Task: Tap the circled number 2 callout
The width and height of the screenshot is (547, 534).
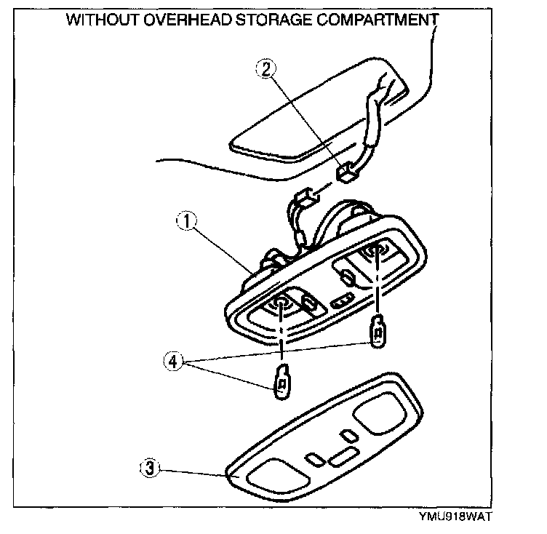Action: [266, 69]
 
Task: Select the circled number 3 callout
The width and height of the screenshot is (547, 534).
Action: [148, 469]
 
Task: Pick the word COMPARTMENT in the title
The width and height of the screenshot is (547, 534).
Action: [378, 20]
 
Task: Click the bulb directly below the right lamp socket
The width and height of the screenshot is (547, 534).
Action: [378, 332]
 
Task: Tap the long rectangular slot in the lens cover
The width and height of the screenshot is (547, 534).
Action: [342, 456]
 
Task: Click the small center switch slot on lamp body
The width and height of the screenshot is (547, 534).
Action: [340, 301]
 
